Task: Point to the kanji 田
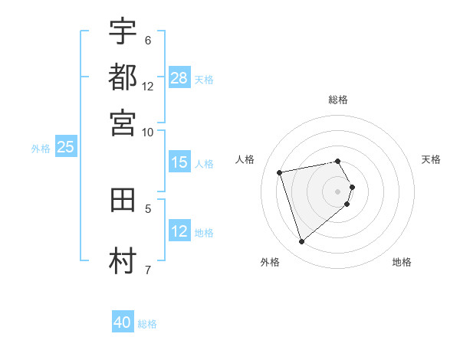click(123, 201)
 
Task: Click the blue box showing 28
click(179, 77)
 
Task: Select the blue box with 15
click(179, 162)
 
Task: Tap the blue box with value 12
click(179, 231)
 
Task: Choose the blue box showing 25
click(65, 148)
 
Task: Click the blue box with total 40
click(123, 322)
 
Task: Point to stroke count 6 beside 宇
click(147, 40)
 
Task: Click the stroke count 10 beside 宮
click(147, 132)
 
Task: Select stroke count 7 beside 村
click(147, 269)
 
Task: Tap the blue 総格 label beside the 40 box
click(147, 324)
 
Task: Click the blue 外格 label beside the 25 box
click(41, 149)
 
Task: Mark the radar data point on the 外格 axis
click(301, 242)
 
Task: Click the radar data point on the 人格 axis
click(280, 172)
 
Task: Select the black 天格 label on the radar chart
click(431, 159)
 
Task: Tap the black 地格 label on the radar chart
click(402, 262)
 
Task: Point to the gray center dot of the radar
click(337, 191)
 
